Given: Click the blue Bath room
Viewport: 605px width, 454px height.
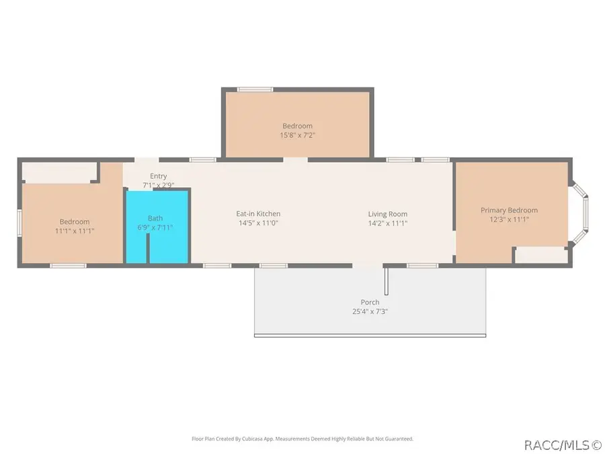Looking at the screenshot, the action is click(x=157, y=227).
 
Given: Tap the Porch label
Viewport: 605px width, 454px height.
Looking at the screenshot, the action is click(x=370, y=302).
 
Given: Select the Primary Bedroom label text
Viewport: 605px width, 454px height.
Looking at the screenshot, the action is click(x=509, y=210).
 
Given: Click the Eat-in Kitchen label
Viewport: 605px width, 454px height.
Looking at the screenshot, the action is click(x=258, y=213).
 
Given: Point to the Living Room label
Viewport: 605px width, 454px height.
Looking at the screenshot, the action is click(x=387, y=214).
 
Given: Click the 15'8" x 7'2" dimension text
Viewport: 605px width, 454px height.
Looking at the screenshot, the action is click(x=297, y=135).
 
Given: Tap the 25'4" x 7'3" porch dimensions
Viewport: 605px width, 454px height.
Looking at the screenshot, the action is click(x=370, y=311).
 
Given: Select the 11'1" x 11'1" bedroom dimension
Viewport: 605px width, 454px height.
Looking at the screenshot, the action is click(x=75, y=231).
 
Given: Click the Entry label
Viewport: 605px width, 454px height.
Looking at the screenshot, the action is click(x=158, y=176).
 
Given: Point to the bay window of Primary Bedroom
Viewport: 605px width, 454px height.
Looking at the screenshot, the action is click(x=580, y=213).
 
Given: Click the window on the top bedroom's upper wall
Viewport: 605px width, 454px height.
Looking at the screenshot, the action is click(x=255, y=89).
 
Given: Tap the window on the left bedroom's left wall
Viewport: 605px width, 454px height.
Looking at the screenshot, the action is click(x=19, y=222).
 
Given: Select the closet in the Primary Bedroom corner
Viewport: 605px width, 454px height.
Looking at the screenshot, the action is click(x=541, y=255).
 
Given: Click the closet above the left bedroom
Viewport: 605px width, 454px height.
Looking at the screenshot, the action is click(x=58, y=172).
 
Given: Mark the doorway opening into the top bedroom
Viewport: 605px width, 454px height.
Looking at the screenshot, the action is click(x=296, y=160).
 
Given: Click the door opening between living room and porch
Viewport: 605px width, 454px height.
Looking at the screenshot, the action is click(x=367, y=266).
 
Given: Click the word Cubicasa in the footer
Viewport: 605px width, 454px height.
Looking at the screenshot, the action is click(x=253, y=439).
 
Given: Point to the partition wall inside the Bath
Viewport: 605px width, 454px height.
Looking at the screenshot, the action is click(x=148, y=248).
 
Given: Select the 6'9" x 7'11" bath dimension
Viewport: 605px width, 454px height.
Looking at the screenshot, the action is click(x=155, y=227).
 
